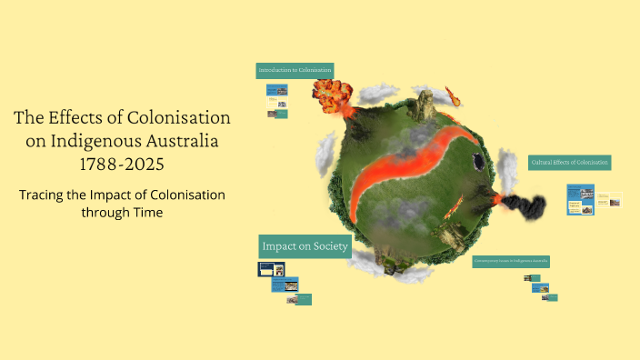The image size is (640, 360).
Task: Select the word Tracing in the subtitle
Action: coord(47,195)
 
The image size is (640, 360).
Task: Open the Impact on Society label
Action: coord(304,246)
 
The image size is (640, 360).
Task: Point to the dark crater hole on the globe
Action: coord(476,162)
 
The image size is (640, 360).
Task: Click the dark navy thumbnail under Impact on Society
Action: coord(272,269)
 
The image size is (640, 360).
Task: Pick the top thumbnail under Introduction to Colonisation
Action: coord(276,91)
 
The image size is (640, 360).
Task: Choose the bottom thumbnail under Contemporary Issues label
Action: coord(549,297)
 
